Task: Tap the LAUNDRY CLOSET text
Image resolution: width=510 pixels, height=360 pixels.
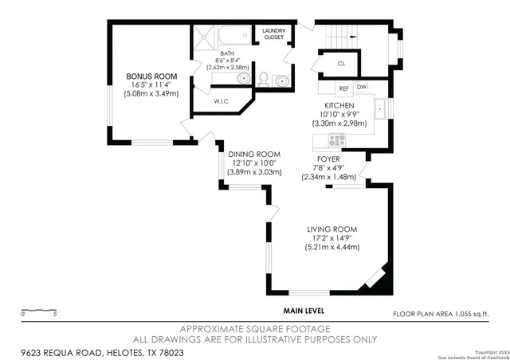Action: tap(273, 33)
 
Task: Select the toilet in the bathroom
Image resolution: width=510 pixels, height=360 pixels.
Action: tap(263, 78)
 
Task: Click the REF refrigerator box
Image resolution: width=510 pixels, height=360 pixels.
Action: tap(343, 88)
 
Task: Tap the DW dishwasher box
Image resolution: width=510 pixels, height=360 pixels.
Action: tap(362, 87)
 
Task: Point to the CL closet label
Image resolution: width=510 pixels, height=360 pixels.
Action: tap(340, 63)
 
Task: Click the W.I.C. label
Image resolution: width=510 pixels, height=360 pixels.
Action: tap(222, 101)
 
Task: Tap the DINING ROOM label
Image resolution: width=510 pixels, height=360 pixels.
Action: tap(254, 154)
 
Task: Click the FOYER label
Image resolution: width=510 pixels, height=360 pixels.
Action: tap(328, 159)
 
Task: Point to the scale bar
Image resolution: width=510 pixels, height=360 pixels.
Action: tap(38, 309)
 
